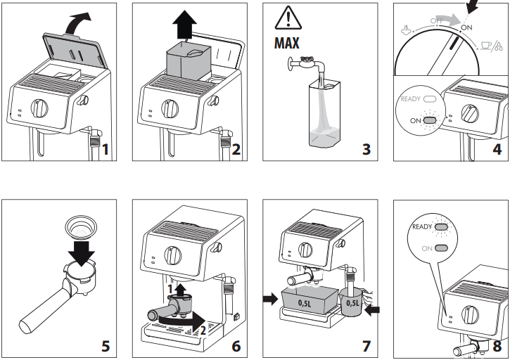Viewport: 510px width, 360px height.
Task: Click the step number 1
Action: (105, 149)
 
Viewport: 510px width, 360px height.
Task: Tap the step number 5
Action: (105, 345)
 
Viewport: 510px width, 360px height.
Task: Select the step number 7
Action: (365, 345)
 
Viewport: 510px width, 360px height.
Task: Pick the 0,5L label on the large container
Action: (305, 303)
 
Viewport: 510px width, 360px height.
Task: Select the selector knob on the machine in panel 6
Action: (172, 253)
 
